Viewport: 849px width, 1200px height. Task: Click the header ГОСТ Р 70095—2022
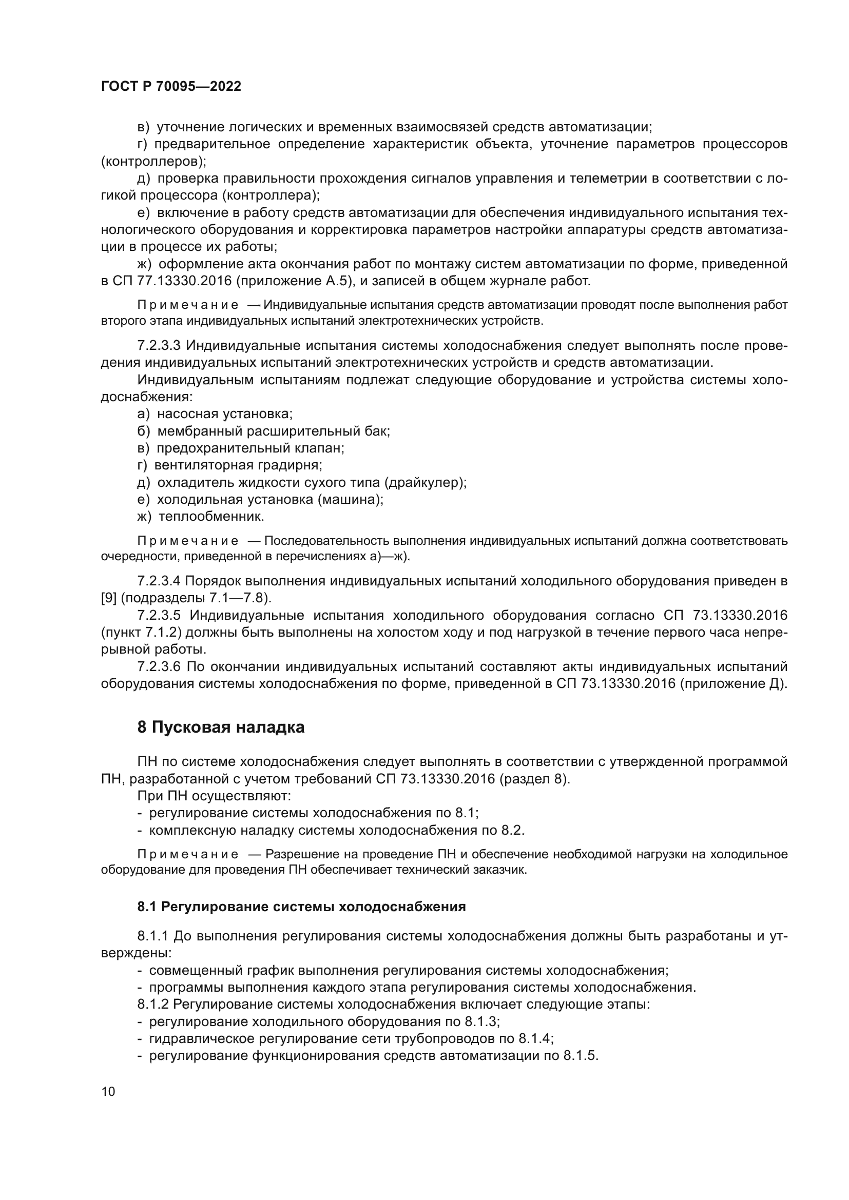point(171,87)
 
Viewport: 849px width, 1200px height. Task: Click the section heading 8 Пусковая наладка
point(221,727)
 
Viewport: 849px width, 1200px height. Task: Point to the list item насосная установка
point(225,414)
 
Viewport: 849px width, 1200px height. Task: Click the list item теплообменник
point(210,517)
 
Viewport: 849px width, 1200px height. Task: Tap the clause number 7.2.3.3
point(159,346)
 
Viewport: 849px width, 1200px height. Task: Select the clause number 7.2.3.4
point(159,581)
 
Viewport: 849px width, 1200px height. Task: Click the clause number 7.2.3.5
point(159,615)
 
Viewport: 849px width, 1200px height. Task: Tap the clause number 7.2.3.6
point(159,666)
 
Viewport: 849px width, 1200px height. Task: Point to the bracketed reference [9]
point(109,598)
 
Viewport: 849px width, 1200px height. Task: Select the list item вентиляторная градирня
point(238,465)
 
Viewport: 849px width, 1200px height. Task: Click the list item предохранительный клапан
point(250,448)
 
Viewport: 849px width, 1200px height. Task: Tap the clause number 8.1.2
point(152,1004)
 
